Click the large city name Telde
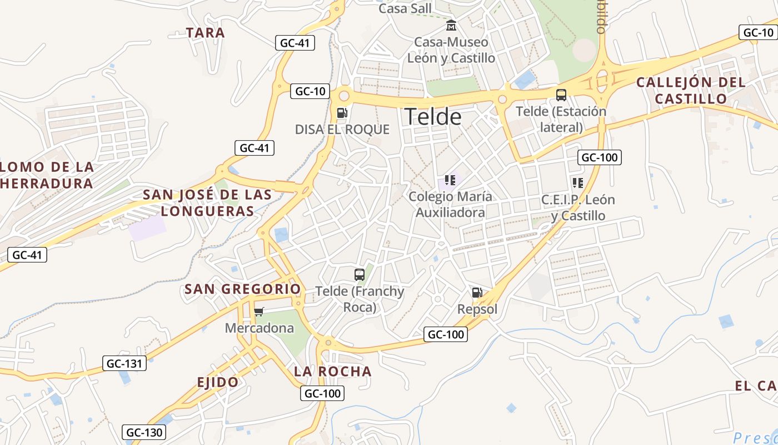[433, 117]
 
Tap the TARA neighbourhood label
[206, 33]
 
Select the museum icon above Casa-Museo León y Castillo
[451, 26]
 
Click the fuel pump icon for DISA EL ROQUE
[342, 113]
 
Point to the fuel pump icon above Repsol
[477, 293]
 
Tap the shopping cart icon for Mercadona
[259, 311]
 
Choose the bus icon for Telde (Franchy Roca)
[360, 274]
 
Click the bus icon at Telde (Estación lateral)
[561, 95]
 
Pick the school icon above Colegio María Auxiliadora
[450, 180]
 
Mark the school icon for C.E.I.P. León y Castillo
[578, 183]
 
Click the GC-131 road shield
[124, 364]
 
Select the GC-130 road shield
[144, 432]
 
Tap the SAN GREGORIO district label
[242, 289]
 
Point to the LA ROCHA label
[333, 372]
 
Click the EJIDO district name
[218, 382]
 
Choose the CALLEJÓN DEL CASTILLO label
[691, 91]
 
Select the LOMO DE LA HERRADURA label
[47, 175]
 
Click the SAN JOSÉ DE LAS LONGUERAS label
[208, 203]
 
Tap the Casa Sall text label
[405, 8]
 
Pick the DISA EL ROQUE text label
[342, 130]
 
